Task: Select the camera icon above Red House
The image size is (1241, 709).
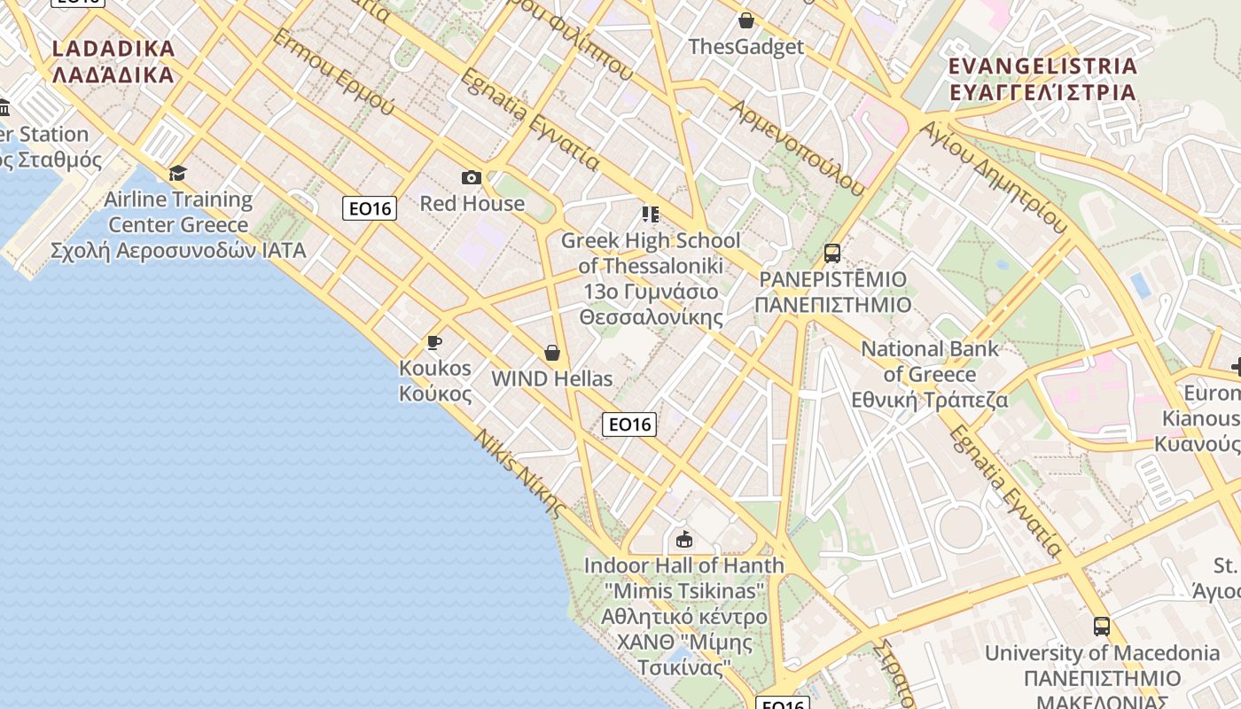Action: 472,178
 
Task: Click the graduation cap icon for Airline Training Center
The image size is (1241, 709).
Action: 178,173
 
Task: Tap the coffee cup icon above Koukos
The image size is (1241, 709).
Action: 433,342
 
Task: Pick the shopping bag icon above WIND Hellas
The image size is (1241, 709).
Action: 552,353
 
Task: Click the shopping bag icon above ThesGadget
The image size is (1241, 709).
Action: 746,20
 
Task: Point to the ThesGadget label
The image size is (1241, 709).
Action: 746,47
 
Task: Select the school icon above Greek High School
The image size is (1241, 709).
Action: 651,214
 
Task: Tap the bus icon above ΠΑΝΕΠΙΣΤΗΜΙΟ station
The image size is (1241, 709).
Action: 831,253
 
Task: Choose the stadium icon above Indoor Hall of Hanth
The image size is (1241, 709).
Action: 683,539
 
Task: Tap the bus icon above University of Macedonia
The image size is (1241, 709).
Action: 1102,627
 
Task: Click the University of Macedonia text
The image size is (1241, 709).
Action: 1102,653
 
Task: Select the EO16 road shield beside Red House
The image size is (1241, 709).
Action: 370,208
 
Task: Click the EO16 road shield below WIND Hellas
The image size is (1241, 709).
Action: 629,425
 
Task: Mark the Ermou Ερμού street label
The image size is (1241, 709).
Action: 333,73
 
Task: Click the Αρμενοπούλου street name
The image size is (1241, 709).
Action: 797,147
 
